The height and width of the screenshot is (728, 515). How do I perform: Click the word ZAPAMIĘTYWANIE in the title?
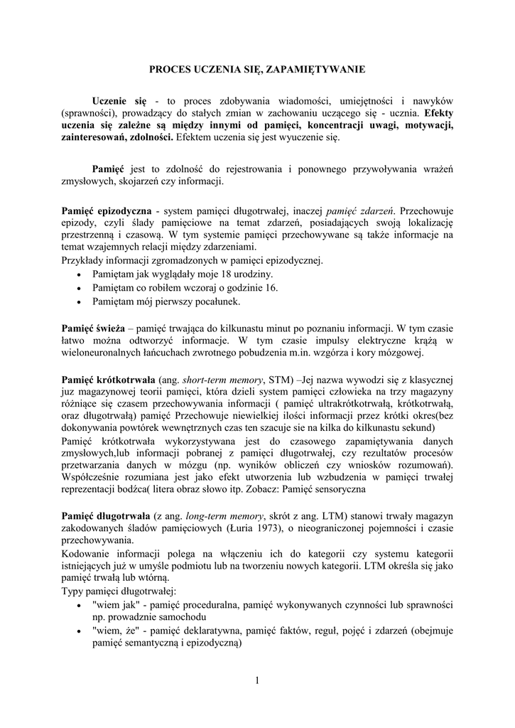pyautogui.click(x=320, y=70)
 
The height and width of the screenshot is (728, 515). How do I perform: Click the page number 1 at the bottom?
pyautogui.click(x=256, y=681)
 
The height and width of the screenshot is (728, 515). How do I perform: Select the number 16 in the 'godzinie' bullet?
pyautogui.click(x=271, y=288)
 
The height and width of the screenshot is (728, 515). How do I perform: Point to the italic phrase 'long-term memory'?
pyautogui.click(x=224, y=515)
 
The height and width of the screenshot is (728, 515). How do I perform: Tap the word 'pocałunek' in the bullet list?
pyautogui.click(x=218, y=301)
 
